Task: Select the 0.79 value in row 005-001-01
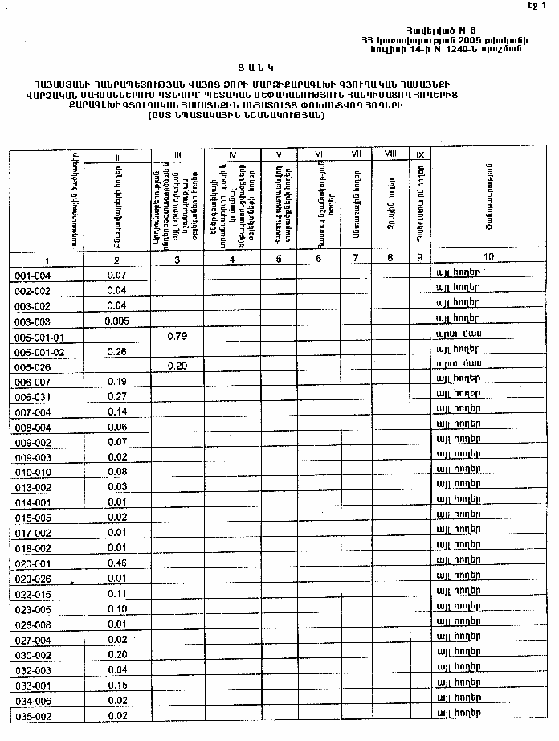(177, 336)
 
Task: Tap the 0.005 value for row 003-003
(116, 321)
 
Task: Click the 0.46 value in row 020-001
(117, 563)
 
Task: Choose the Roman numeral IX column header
(419, 154)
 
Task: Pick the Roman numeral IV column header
(231, 154)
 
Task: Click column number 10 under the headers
(488, 256)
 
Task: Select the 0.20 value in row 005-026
(177, 366)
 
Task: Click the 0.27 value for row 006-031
(117, 396)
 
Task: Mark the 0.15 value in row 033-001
(117, 685)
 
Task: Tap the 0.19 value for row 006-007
(117, 381)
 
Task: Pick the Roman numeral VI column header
(318, 154)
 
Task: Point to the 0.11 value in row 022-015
(117, 593)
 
